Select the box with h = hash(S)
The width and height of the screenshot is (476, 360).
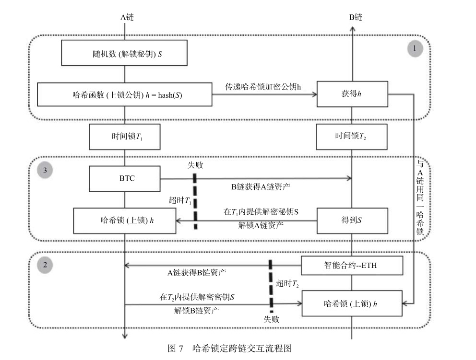[124, 94]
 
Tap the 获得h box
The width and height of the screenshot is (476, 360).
[352, 94]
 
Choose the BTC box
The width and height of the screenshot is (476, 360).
[124, 178]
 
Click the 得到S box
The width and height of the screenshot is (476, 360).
[352, 221]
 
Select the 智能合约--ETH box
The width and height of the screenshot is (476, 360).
[352, 265]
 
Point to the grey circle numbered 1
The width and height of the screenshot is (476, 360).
[415, 49]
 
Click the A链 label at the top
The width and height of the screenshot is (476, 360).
[127, 17]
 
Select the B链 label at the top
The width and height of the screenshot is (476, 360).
[355, 17]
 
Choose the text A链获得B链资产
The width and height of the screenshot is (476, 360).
[197, 273]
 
